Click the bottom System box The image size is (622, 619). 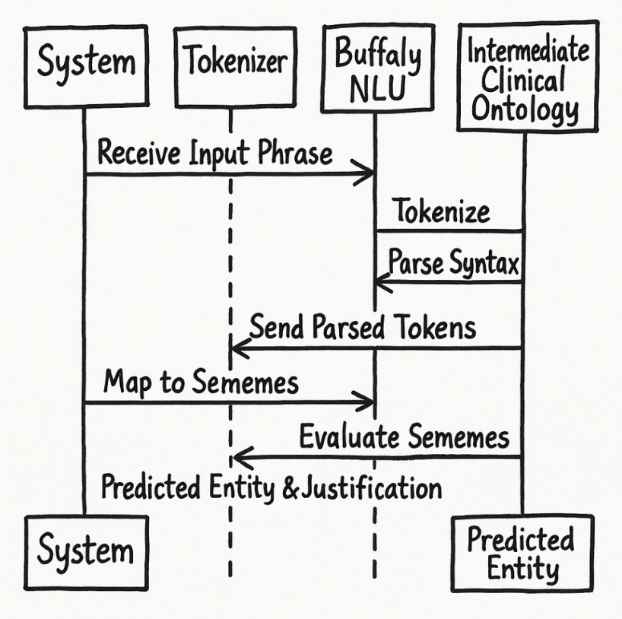point(85,551)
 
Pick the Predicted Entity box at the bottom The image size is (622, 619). point(521,553)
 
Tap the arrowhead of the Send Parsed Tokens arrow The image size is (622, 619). point(237,349)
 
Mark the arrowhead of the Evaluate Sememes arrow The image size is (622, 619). point(239,457)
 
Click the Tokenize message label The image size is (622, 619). point(442,211)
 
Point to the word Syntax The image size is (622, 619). point(482,264)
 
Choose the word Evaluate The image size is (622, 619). point(350,437)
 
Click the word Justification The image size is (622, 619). point(372,487)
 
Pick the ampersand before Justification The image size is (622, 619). point(290,488)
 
